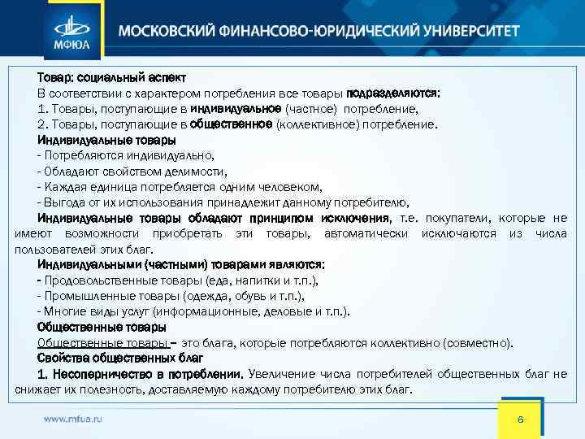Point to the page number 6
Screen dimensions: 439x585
(x=522, y=419)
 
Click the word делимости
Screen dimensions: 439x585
(x=197, y=172)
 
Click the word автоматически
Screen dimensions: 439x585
(x=368, y=233)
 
